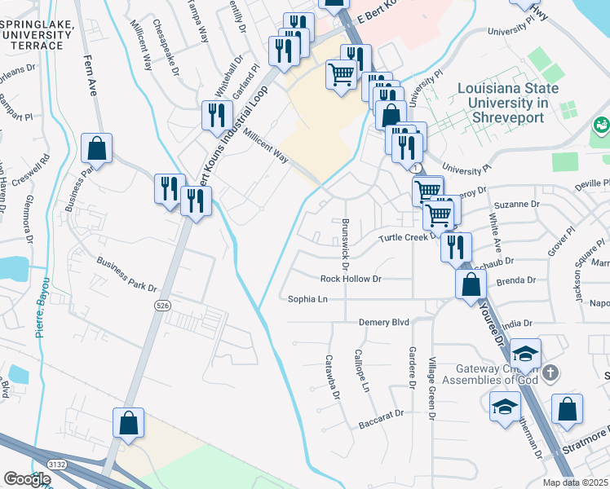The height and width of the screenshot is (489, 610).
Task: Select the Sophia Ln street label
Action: pos(307,299)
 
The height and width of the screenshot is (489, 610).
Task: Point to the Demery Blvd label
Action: pos(384,323)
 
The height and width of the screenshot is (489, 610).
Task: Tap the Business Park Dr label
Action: pos(126,274)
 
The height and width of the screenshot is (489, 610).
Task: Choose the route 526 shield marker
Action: pos(163,305)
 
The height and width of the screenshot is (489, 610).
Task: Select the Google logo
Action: pos(26,480)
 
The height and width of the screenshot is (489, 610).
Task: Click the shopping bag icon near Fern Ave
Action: pos(97,149)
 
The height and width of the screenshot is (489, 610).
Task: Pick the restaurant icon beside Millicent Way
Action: pos(217,115)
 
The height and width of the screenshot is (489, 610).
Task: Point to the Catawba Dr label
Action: pos(332,376)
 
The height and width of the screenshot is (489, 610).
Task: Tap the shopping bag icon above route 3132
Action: pos(129,422)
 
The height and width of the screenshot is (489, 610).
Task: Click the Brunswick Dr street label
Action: pos(346,244)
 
